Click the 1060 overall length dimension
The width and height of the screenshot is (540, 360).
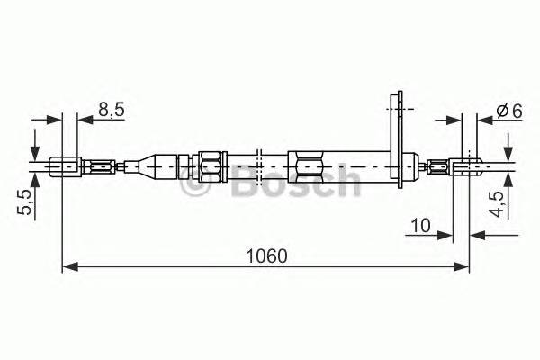[x=266, y=255]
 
